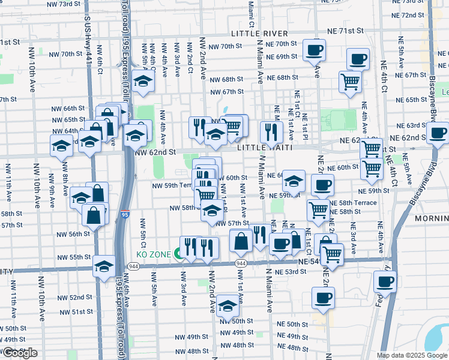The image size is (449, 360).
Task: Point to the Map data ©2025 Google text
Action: (412, 355)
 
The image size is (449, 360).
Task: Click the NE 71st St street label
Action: (346, 30)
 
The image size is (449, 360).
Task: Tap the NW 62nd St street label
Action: (155, 152)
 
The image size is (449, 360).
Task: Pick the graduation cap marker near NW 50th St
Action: (228, 307)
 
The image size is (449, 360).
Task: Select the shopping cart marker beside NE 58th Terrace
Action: (318, 209)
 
